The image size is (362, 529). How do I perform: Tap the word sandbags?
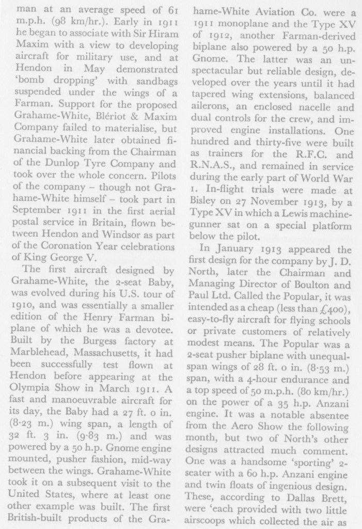click(x=148, y=82)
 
